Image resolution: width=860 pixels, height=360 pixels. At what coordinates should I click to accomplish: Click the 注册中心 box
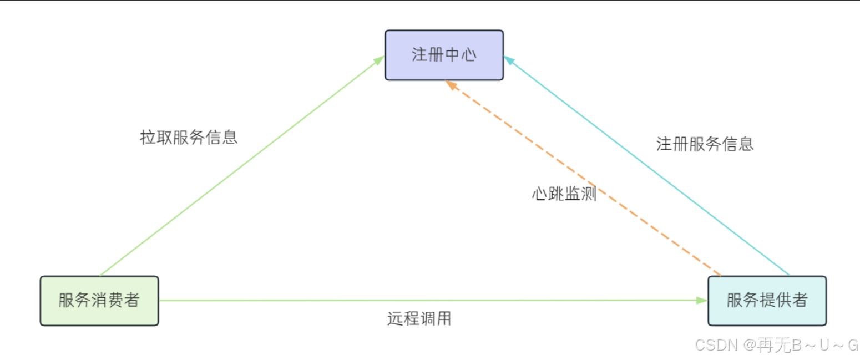(444, 55)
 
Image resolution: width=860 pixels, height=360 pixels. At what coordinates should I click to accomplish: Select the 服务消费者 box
(99, 301)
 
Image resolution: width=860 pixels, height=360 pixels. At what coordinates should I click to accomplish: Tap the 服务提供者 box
(767, 301)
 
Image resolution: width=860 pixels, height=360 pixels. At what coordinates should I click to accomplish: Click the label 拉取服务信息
(189, 137)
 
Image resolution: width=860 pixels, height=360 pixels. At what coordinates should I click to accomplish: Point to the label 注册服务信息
(705, 144)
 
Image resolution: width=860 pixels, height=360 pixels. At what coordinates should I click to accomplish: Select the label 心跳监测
(564, 194)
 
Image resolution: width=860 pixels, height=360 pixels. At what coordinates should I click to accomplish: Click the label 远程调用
(419, 318)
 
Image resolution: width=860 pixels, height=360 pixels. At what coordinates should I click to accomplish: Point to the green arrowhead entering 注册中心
(380, 59)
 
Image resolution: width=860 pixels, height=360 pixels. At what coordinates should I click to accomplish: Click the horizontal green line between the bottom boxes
(388, 301)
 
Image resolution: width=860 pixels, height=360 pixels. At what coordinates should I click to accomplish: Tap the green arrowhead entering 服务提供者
(702, 300)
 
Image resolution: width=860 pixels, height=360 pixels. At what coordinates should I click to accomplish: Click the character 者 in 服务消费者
(131, 301)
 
